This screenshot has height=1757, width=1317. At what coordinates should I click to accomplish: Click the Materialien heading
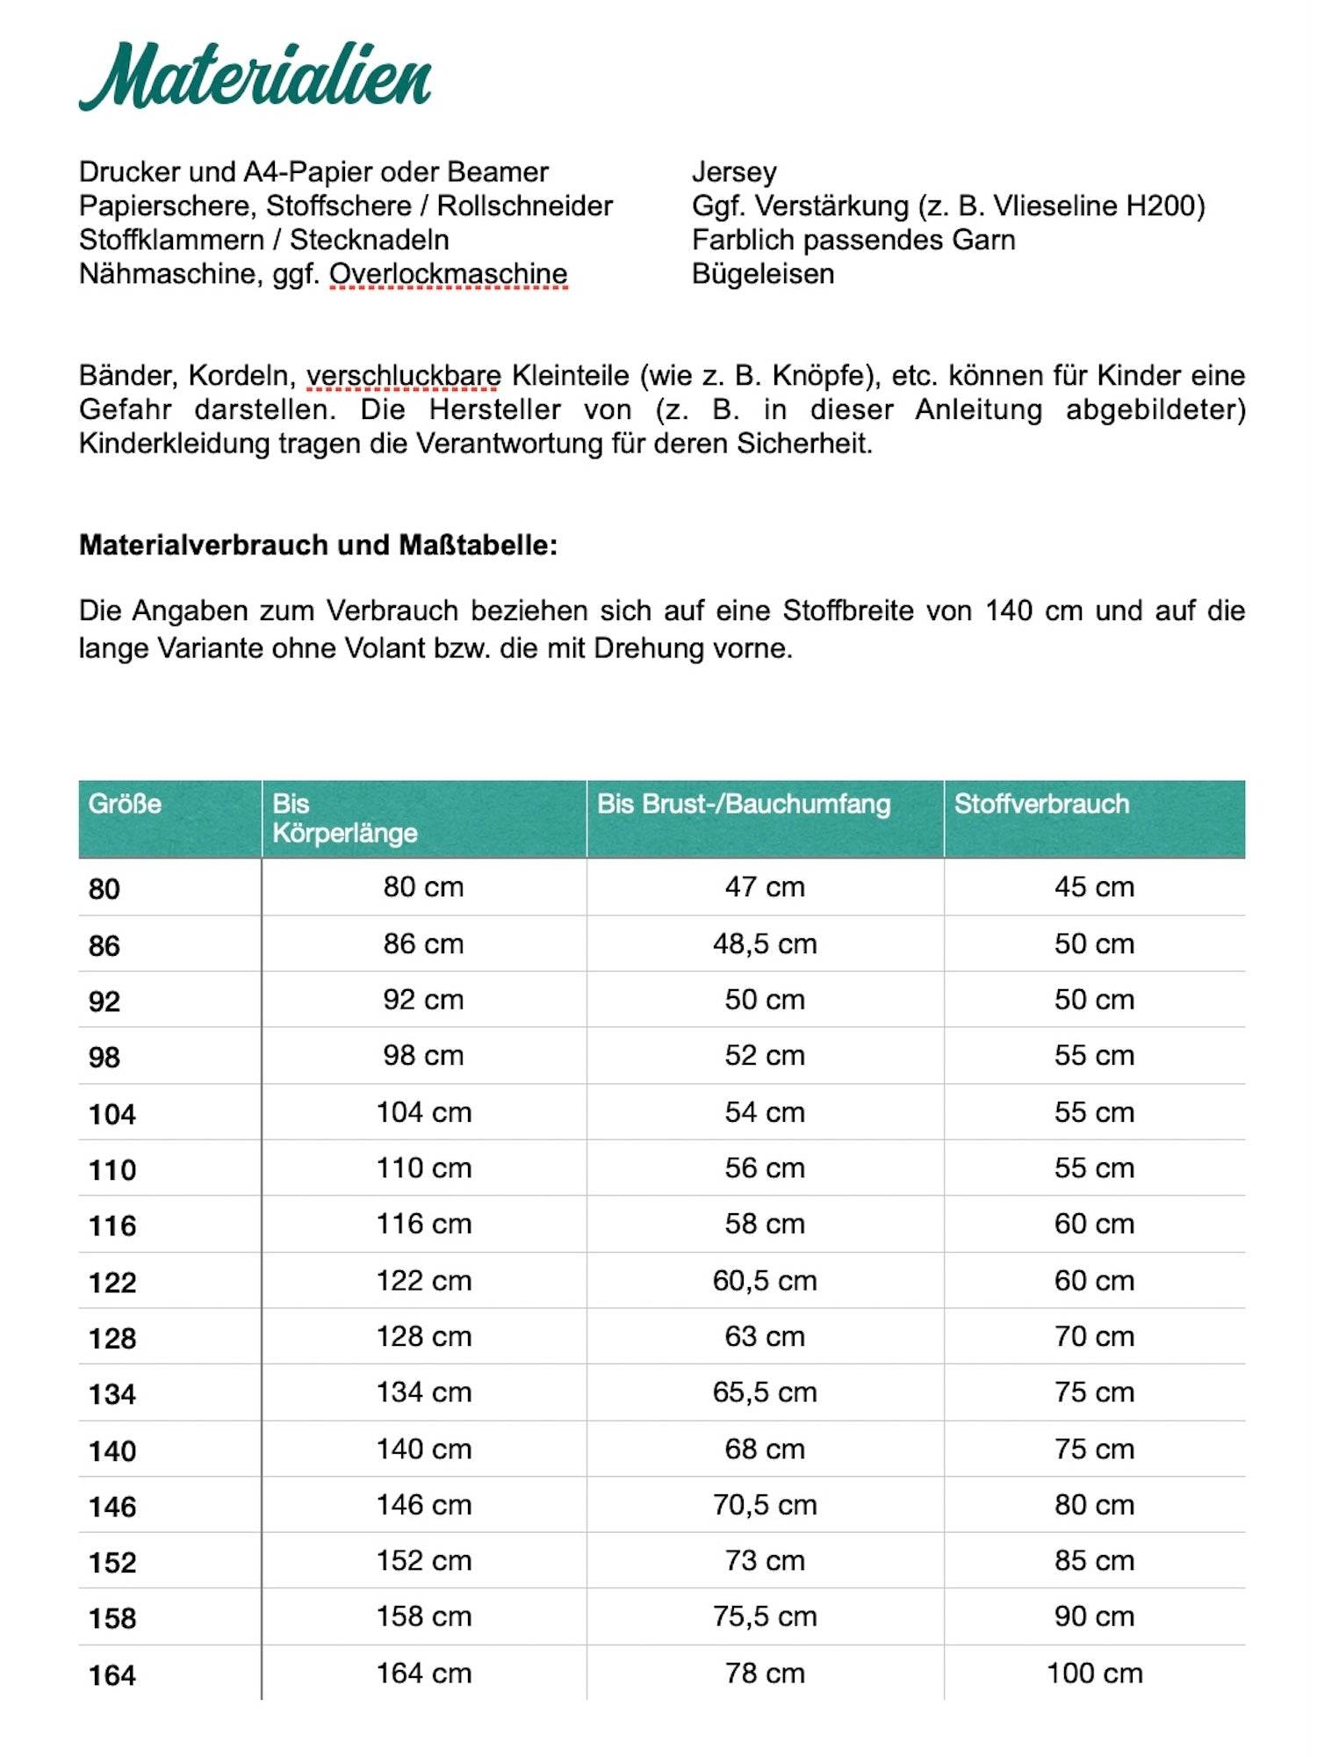(255, 77)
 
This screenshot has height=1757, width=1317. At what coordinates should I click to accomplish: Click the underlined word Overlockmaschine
(448, 274)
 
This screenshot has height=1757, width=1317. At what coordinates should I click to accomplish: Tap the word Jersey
(734, 172)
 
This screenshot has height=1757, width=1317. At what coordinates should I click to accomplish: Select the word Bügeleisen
(762, 274)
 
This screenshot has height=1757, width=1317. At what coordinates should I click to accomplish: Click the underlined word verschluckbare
(403, 376)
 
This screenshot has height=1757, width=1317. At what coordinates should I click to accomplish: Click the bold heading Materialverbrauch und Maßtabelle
(318, 546)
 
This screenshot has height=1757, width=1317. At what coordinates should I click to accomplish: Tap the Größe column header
(125, 804)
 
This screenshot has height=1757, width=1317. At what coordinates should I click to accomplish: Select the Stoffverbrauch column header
(1041, 804)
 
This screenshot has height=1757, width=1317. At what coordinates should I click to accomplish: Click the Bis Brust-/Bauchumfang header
(744, 804)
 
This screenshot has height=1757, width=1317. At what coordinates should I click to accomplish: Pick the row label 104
(112, 1114)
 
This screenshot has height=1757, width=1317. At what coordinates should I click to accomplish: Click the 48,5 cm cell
(765, 944)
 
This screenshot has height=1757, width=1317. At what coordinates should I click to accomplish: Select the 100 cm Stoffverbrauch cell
(1094, 1674)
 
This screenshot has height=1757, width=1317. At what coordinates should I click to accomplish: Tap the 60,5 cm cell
(765, 1281)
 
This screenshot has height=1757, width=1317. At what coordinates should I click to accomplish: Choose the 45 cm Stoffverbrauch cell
(1094, 887)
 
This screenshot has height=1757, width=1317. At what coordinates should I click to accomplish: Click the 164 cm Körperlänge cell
(424, 1674)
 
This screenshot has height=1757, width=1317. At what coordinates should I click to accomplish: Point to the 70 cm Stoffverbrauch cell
(1094, 1336)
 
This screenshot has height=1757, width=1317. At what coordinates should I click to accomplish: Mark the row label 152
(112, 1563)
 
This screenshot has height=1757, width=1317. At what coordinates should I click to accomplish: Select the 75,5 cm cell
(765, 1616)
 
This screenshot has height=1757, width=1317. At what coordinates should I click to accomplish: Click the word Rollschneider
(524, 206)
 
